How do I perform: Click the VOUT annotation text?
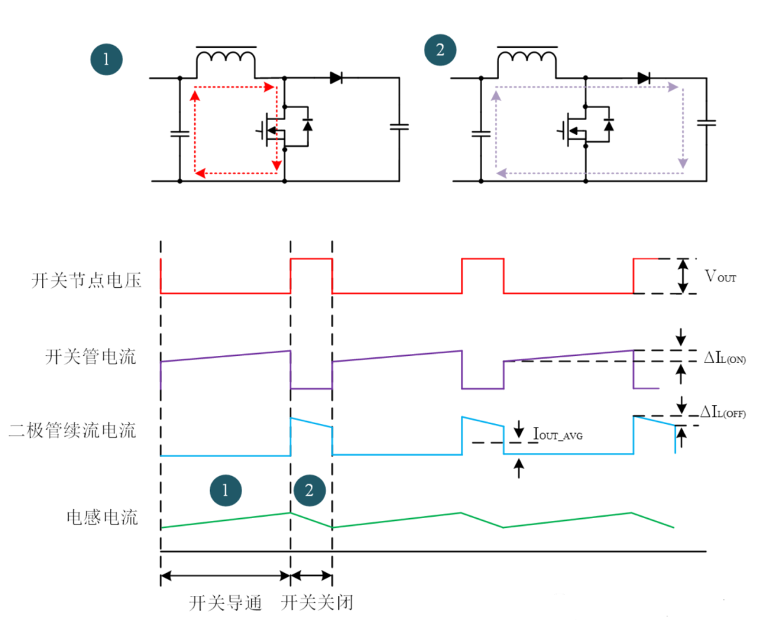point(721,277)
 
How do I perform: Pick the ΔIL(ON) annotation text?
point(725,357)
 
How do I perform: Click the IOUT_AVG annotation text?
point(558,435)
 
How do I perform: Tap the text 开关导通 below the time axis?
point(225,603)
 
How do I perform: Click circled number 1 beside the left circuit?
point(107,59)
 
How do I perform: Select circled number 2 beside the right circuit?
point(440,51)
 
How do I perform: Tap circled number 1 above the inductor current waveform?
point(225,490)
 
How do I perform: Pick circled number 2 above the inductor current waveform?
point(310,490)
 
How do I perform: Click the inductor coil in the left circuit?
point(225,62)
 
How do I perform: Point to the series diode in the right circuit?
point(643,78)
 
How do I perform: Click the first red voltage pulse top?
point(311,259)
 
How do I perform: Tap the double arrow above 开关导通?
point(225,576)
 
